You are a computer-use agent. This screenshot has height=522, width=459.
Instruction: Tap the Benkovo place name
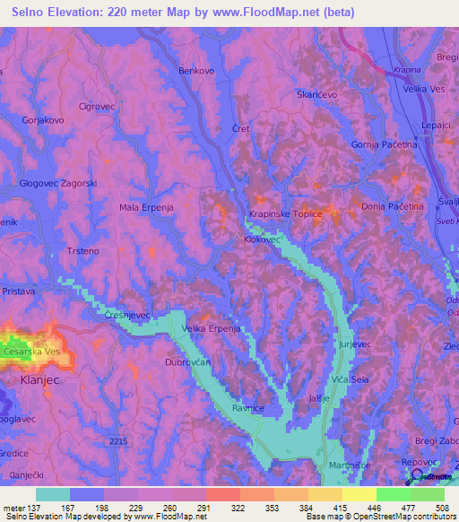(197, 70)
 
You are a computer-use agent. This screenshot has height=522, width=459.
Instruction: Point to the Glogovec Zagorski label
(58, 183)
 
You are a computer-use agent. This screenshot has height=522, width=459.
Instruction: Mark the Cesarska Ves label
(31, 352)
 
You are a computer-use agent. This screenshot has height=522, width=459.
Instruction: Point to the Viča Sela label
(350, 380)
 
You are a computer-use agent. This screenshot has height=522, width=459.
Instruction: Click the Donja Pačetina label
(392, 206)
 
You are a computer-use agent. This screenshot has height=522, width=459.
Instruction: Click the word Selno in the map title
(33, 13)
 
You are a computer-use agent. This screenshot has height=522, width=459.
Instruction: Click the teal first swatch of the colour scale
(53, 494)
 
